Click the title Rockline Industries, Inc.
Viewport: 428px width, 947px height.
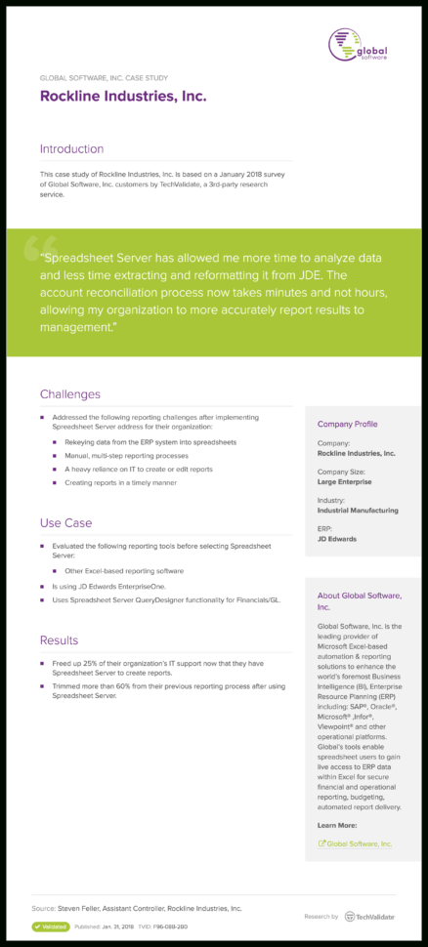(x=123, y=97)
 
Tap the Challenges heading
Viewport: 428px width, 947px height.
(x=70, y=394)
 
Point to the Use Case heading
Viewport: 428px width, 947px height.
(x=66, y=522)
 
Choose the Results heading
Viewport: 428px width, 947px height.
(x=60, y=640)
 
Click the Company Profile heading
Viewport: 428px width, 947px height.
(x=347, y=425)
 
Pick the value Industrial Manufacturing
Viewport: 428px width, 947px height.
(x=358, y=510)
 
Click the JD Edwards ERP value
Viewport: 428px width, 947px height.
(x=337, y=538)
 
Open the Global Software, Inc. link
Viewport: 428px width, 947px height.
(x=359, y=844)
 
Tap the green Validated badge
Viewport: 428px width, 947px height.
(x=51, y=926)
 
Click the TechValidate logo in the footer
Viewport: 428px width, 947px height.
(x=370, y=917)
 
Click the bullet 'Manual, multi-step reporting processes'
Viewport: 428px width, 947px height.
(x=126, y=455)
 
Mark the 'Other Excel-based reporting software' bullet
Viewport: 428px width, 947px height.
(x=124, y=570)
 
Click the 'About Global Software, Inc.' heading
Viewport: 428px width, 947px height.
(x=359, y=600)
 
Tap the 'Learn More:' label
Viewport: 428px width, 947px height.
(x=337, y=825)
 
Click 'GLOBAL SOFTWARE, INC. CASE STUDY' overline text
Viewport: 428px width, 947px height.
(x=103, y=76)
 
